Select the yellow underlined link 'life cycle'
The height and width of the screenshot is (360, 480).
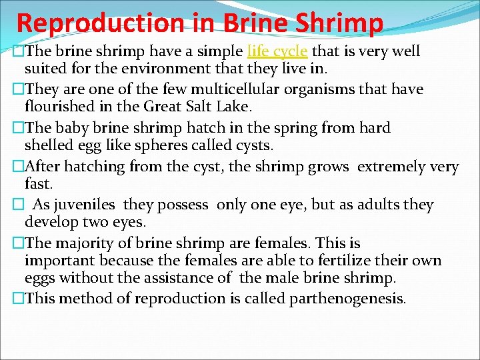277,51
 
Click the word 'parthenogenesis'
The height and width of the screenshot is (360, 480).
347,299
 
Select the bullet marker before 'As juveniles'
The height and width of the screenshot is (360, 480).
18,205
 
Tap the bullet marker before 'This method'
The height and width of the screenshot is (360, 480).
18,299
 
